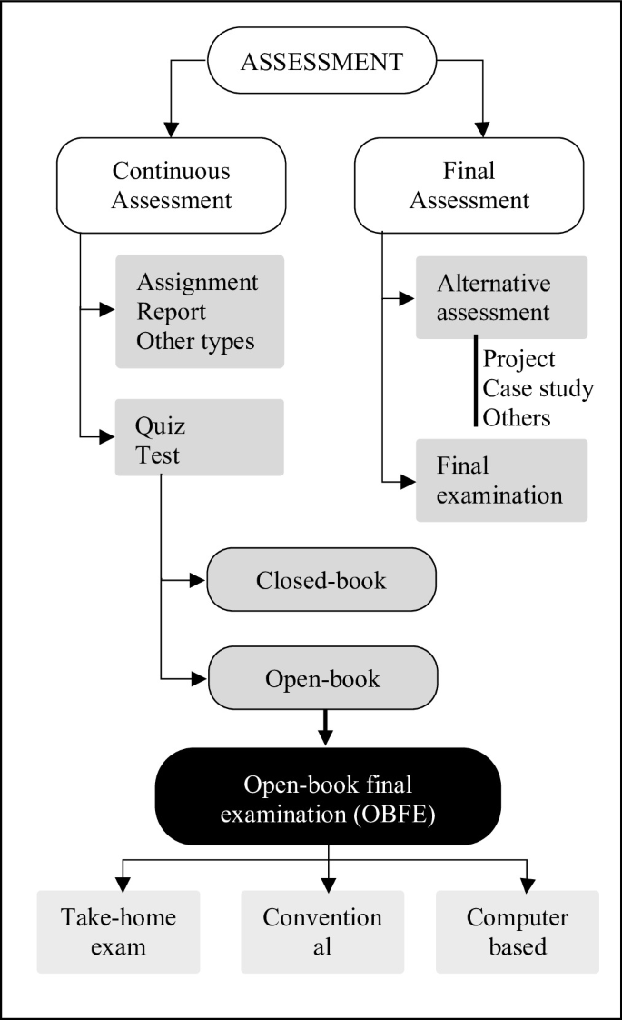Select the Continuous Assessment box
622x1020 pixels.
171,185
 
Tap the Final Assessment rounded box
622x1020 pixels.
469,185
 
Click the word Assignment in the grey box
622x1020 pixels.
197,283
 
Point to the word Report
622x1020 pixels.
171,312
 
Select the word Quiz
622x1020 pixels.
161,425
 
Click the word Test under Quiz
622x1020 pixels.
158,455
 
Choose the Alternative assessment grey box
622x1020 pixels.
501,297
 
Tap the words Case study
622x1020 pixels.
538,389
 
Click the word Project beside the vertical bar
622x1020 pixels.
518,359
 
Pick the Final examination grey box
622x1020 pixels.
501,480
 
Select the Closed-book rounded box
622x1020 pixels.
321,580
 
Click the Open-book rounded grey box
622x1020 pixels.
322,678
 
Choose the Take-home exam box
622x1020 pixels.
118,931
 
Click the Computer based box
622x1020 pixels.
518,931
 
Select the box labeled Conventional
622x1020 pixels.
322,931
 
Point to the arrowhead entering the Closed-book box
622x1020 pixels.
200,580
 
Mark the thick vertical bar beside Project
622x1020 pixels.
475,380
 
